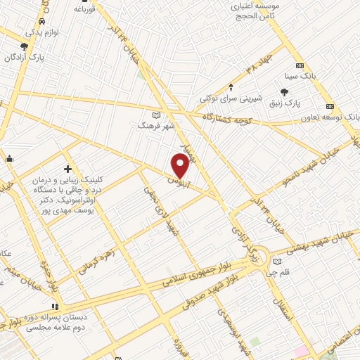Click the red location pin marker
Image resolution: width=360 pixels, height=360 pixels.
[181, 165]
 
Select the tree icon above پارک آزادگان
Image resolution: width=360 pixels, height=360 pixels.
[25, 47]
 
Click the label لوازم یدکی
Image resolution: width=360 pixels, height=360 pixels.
[42, 32]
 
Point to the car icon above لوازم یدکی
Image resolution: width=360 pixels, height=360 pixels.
[43, 22]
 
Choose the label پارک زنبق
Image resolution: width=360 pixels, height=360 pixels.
[285, 103]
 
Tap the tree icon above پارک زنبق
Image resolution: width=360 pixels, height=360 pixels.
[285, 91]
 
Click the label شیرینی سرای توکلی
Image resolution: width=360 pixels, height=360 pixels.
[231, 98]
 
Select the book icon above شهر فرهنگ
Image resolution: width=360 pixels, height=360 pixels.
[155, 115]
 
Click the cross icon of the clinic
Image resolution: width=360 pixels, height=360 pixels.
[67, 169]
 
